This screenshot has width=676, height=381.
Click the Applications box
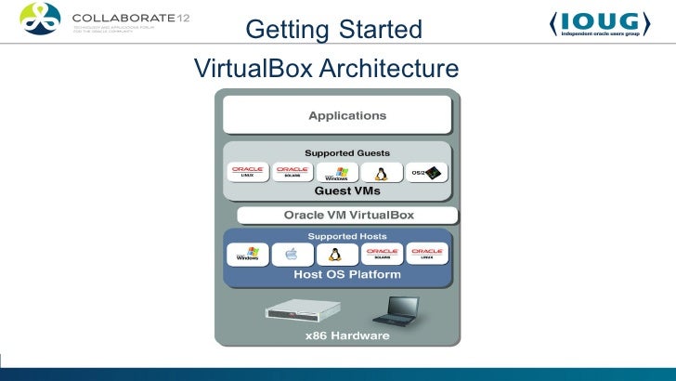pos(347,116)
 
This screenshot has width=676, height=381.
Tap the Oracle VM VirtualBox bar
pos(348,216)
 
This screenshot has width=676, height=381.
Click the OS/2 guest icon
pos(428,172)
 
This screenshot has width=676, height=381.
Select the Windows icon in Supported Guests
pos(337,173)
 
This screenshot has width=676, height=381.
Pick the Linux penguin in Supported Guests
pos(381,173)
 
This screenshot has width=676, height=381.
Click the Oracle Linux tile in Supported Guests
pos(248,172)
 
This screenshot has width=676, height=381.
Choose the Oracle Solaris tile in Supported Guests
pos(292,172)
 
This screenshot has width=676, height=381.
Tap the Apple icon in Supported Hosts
pos(292,255)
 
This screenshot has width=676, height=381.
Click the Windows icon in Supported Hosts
pos(248,255)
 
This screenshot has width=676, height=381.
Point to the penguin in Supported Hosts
pos(333,255)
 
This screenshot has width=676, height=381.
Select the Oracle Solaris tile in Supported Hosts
pos(383,254)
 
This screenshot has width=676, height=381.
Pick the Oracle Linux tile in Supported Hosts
pos(428,254)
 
